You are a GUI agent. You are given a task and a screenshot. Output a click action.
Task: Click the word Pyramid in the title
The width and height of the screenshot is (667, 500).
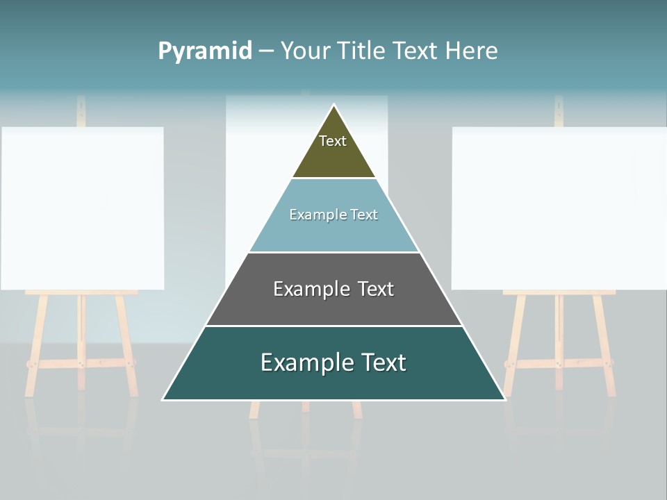[205, 51]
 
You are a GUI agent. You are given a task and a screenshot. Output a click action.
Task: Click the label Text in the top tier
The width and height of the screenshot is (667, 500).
[333, 141]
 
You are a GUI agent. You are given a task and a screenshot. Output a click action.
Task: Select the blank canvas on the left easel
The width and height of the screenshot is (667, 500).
[82, 208]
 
